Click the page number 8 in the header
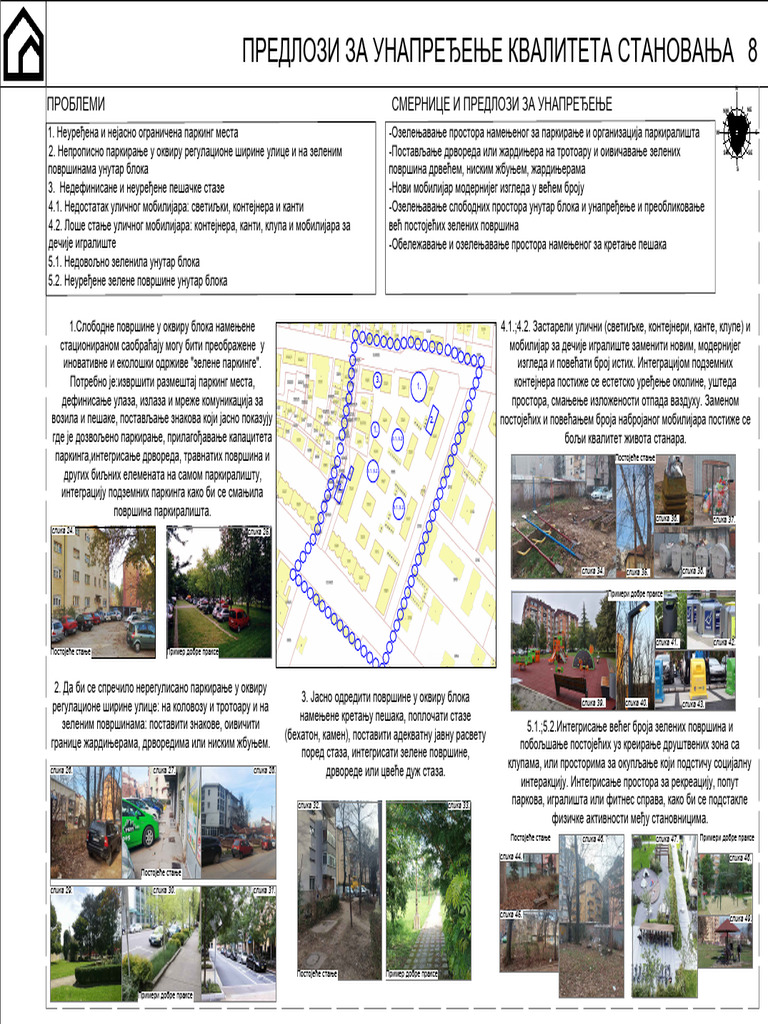point(751,52)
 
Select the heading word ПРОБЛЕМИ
point(76,105)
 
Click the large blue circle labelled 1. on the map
point(418,383)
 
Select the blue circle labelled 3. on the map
point(376,381)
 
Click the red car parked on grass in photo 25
point(237,619)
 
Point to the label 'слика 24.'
point(65,530)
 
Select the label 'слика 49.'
point(740,918)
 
